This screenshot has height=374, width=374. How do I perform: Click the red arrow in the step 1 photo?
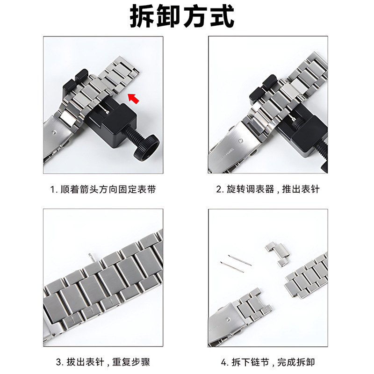pos(134,98)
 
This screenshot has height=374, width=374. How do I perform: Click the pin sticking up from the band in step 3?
pos(91,256)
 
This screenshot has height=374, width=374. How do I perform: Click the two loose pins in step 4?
pos(236,263)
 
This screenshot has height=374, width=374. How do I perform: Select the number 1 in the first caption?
pos(53,190)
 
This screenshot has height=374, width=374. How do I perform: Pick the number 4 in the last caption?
pos(223,362)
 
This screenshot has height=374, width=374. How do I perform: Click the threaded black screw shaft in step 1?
pos(127,139)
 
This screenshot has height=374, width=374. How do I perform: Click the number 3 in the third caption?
pos(58,362)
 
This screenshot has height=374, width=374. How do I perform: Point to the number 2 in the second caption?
pos(218,190)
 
